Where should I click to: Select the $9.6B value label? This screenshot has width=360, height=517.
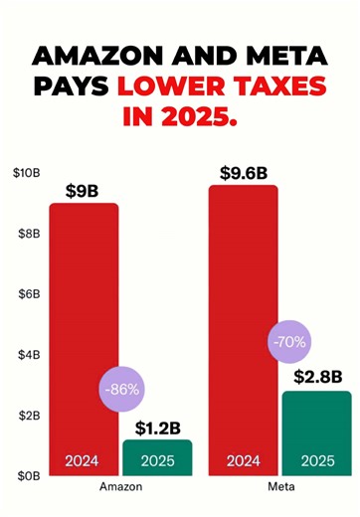[x=243, y=172]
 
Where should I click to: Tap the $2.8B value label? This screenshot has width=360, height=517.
[x=317, y=377]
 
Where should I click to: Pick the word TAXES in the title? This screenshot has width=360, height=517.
[x=270, y=87]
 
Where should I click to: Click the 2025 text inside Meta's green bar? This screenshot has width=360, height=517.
[x=316, y=461]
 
